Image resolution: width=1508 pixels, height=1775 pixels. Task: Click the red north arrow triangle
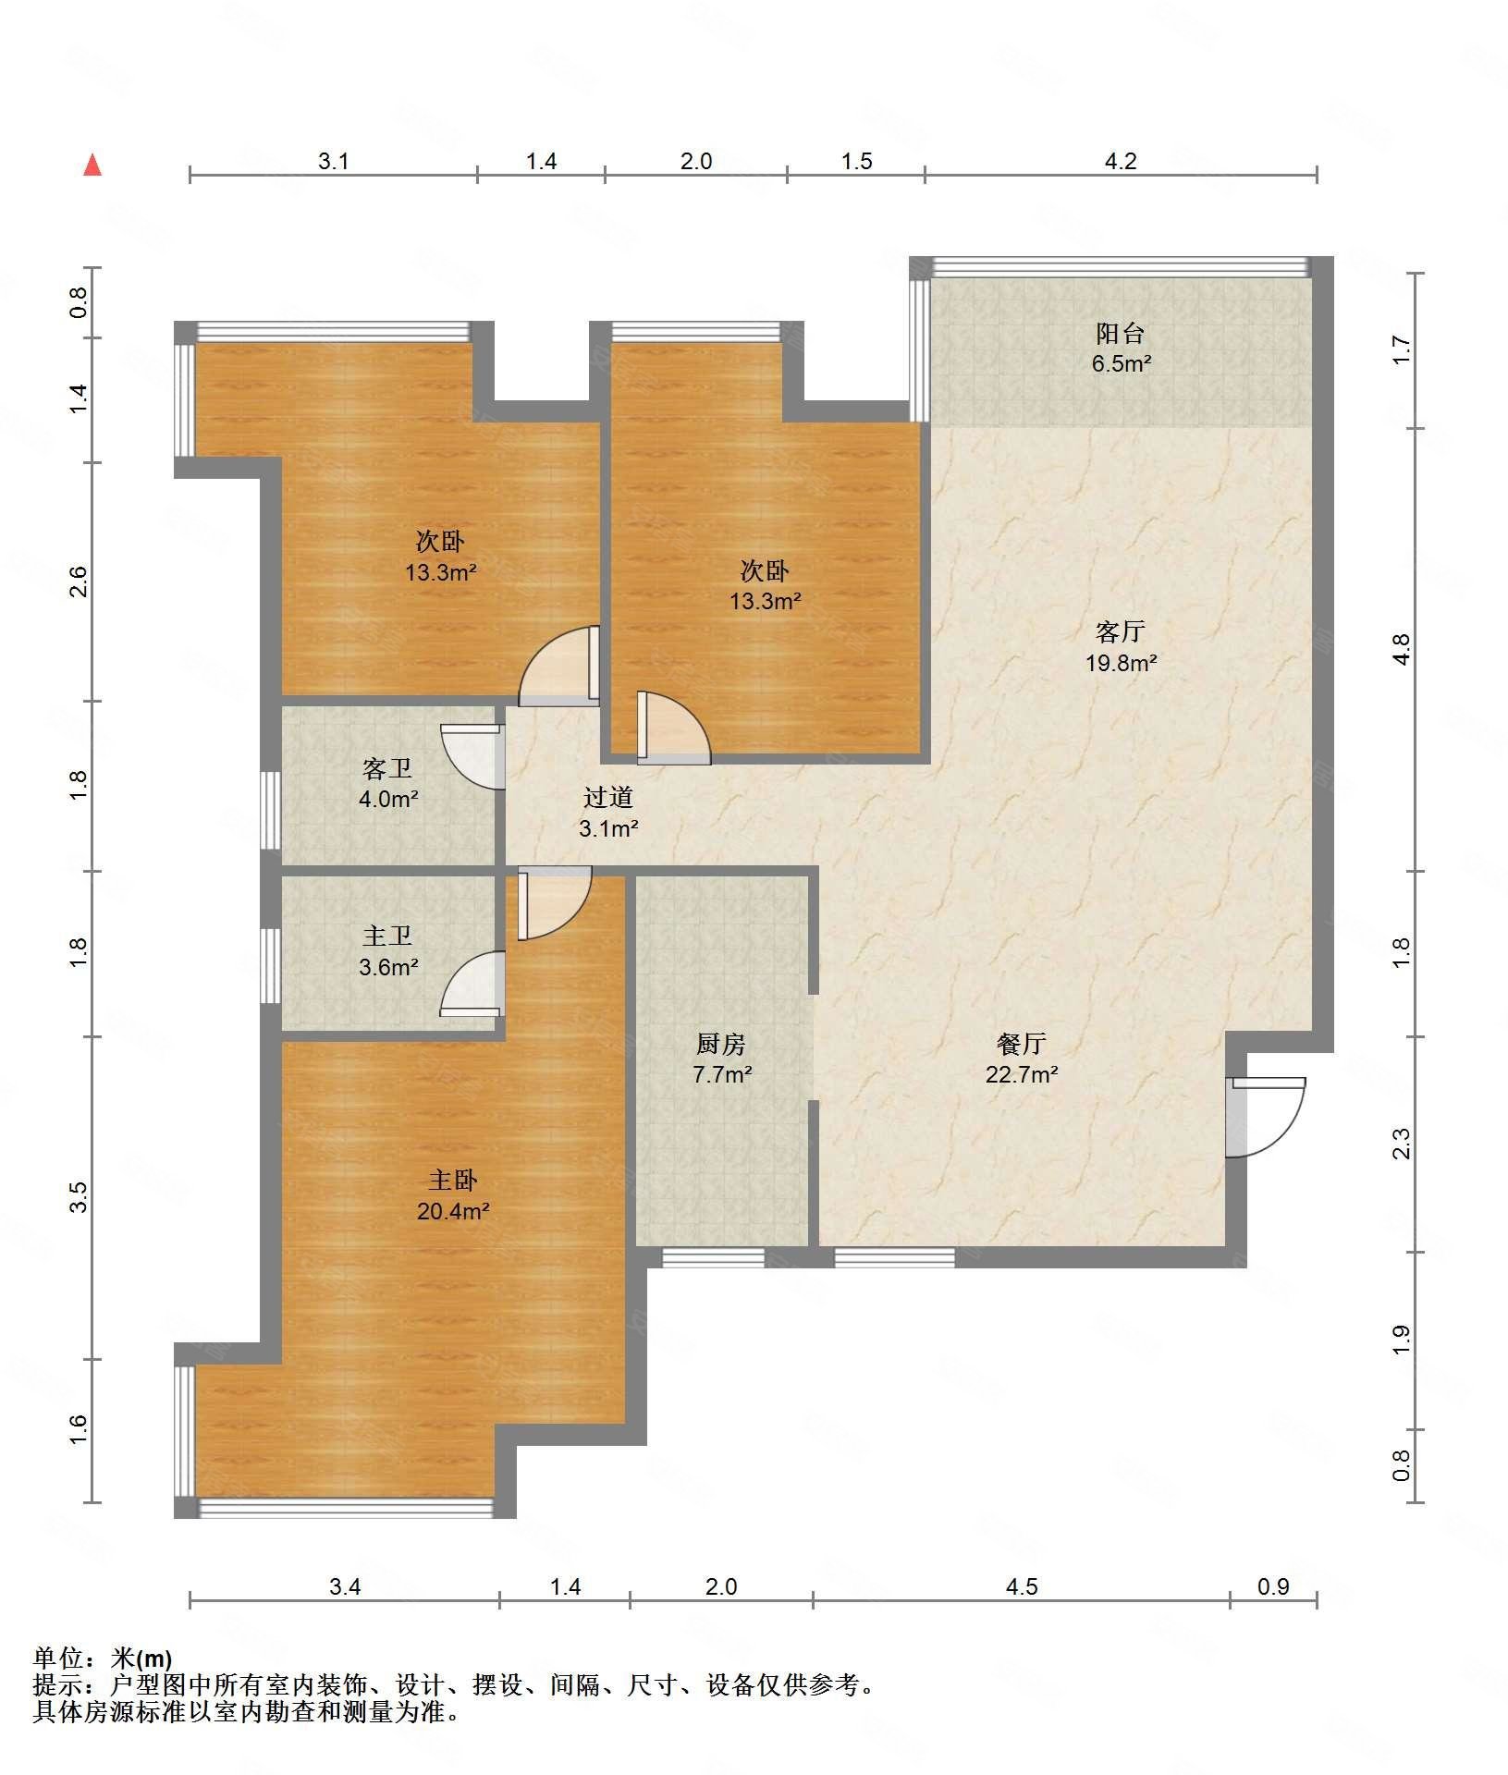[x=92, y=165]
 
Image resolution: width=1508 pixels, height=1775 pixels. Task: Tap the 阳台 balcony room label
[x=1121, y=333]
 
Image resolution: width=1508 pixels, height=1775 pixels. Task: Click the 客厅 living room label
[x=1121, y=631]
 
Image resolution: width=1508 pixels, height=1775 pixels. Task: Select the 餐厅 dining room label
[x=1022, y=1044]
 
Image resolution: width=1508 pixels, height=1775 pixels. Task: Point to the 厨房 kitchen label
[x=721, y=1044]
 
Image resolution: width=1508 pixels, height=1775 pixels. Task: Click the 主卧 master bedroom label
[x=453, y=1180]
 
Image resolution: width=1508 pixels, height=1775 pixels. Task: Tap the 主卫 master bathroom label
[x=387, y=936]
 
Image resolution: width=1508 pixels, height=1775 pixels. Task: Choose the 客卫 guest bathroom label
[x=387, y=767]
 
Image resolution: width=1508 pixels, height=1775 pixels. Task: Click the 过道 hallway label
[x=608, y=797]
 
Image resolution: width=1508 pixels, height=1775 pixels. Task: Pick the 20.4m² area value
[x=453, y=1211]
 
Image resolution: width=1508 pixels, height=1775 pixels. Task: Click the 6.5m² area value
[x=1121, y=363]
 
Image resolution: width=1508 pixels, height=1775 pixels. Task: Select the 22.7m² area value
[x=1022, y=1074]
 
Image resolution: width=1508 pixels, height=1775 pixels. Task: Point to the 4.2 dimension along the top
[x=1121, y=161]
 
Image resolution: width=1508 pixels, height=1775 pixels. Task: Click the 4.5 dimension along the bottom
[x=1022, y=1586]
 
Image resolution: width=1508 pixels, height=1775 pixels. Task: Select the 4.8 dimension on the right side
[x=1403, y=649]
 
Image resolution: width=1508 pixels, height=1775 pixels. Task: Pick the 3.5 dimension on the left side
[x=80, y=1197]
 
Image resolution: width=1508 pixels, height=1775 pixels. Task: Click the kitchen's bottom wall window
[x=713, y=1257]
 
